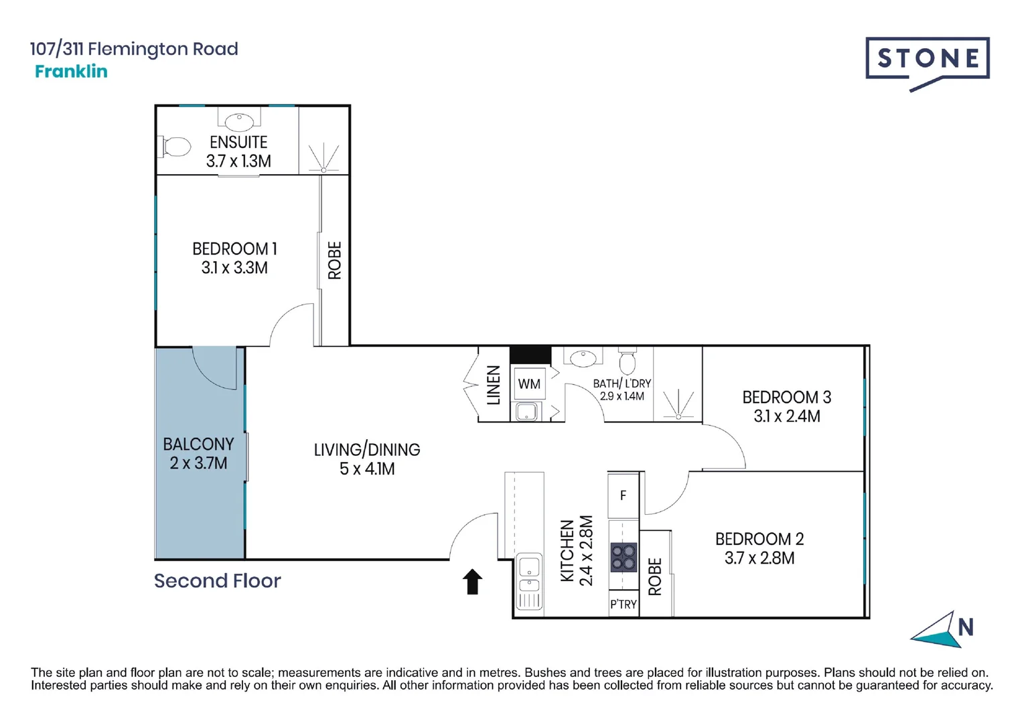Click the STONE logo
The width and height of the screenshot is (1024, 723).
928,62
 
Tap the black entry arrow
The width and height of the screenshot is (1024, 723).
472,581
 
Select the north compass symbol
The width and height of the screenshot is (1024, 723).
942,629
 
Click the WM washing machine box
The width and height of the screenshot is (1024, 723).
529,384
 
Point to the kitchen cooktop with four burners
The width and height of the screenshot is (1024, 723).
624,557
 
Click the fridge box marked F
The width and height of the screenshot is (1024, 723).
623,495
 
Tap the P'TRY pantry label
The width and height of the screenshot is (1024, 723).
624,605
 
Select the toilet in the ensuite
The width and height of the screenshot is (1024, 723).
174,147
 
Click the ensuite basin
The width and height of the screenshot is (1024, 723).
239,121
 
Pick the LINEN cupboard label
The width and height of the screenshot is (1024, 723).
494,385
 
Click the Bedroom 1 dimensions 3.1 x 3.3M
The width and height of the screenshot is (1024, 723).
234,268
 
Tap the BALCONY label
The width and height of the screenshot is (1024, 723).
198,445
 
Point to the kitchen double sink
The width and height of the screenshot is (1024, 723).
529,581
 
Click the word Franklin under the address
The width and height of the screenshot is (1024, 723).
71,71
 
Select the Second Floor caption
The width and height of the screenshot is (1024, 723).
217,581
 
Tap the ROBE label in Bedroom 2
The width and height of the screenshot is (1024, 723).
655,577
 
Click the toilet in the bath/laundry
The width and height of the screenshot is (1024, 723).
628,361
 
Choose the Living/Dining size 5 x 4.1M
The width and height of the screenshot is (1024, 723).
367,469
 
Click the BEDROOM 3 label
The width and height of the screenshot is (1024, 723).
787,397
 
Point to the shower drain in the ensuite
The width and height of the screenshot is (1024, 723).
323,170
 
